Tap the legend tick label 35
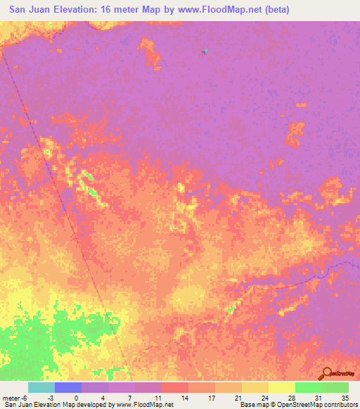coord(346,396)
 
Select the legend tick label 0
coord(75,396)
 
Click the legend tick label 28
coord(291,396)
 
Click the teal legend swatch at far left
coord(41,387)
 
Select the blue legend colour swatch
coord(68,387)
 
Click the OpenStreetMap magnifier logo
coord(325,373)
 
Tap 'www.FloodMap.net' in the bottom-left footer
coord(145,405)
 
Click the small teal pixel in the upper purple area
coord(205,51)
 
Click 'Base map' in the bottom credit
coord(251,405)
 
